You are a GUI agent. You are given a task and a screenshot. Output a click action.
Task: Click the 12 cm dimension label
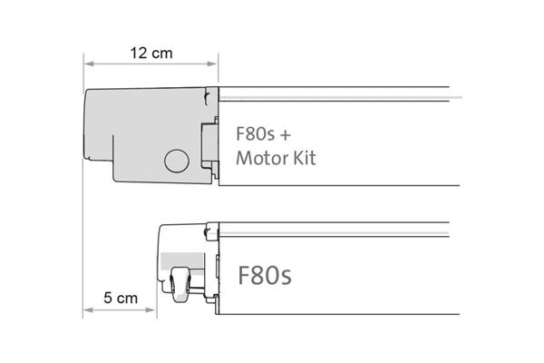151,54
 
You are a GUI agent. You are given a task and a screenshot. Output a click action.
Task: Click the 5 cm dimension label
121,298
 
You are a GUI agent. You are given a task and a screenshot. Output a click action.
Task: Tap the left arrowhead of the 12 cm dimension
89,64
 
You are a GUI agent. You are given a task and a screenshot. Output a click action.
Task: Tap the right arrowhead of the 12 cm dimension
212,64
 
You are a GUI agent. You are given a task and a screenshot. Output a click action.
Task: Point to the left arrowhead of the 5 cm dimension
89,309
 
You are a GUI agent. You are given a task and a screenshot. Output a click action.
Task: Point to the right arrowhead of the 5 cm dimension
151,309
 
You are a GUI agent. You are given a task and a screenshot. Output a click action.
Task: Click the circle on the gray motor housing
177,161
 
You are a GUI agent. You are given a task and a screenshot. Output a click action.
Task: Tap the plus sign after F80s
285,135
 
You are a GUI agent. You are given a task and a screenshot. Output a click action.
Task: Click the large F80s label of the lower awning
265,275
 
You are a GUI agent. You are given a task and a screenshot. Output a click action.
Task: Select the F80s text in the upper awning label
255,133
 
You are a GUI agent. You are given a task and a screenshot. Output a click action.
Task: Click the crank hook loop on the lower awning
180,285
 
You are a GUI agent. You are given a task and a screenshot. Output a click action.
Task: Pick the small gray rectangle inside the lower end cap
182,260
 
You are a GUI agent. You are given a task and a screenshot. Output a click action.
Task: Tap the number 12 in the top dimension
138,54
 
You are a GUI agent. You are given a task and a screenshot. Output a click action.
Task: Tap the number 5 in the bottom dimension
108,298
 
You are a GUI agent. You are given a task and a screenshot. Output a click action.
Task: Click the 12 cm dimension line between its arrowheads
151,64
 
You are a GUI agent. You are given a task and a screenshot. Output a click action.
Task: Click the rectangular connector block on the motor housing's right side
209,142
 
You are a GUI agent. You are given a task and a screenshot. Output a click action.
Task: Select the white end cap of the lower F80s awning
188,263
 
